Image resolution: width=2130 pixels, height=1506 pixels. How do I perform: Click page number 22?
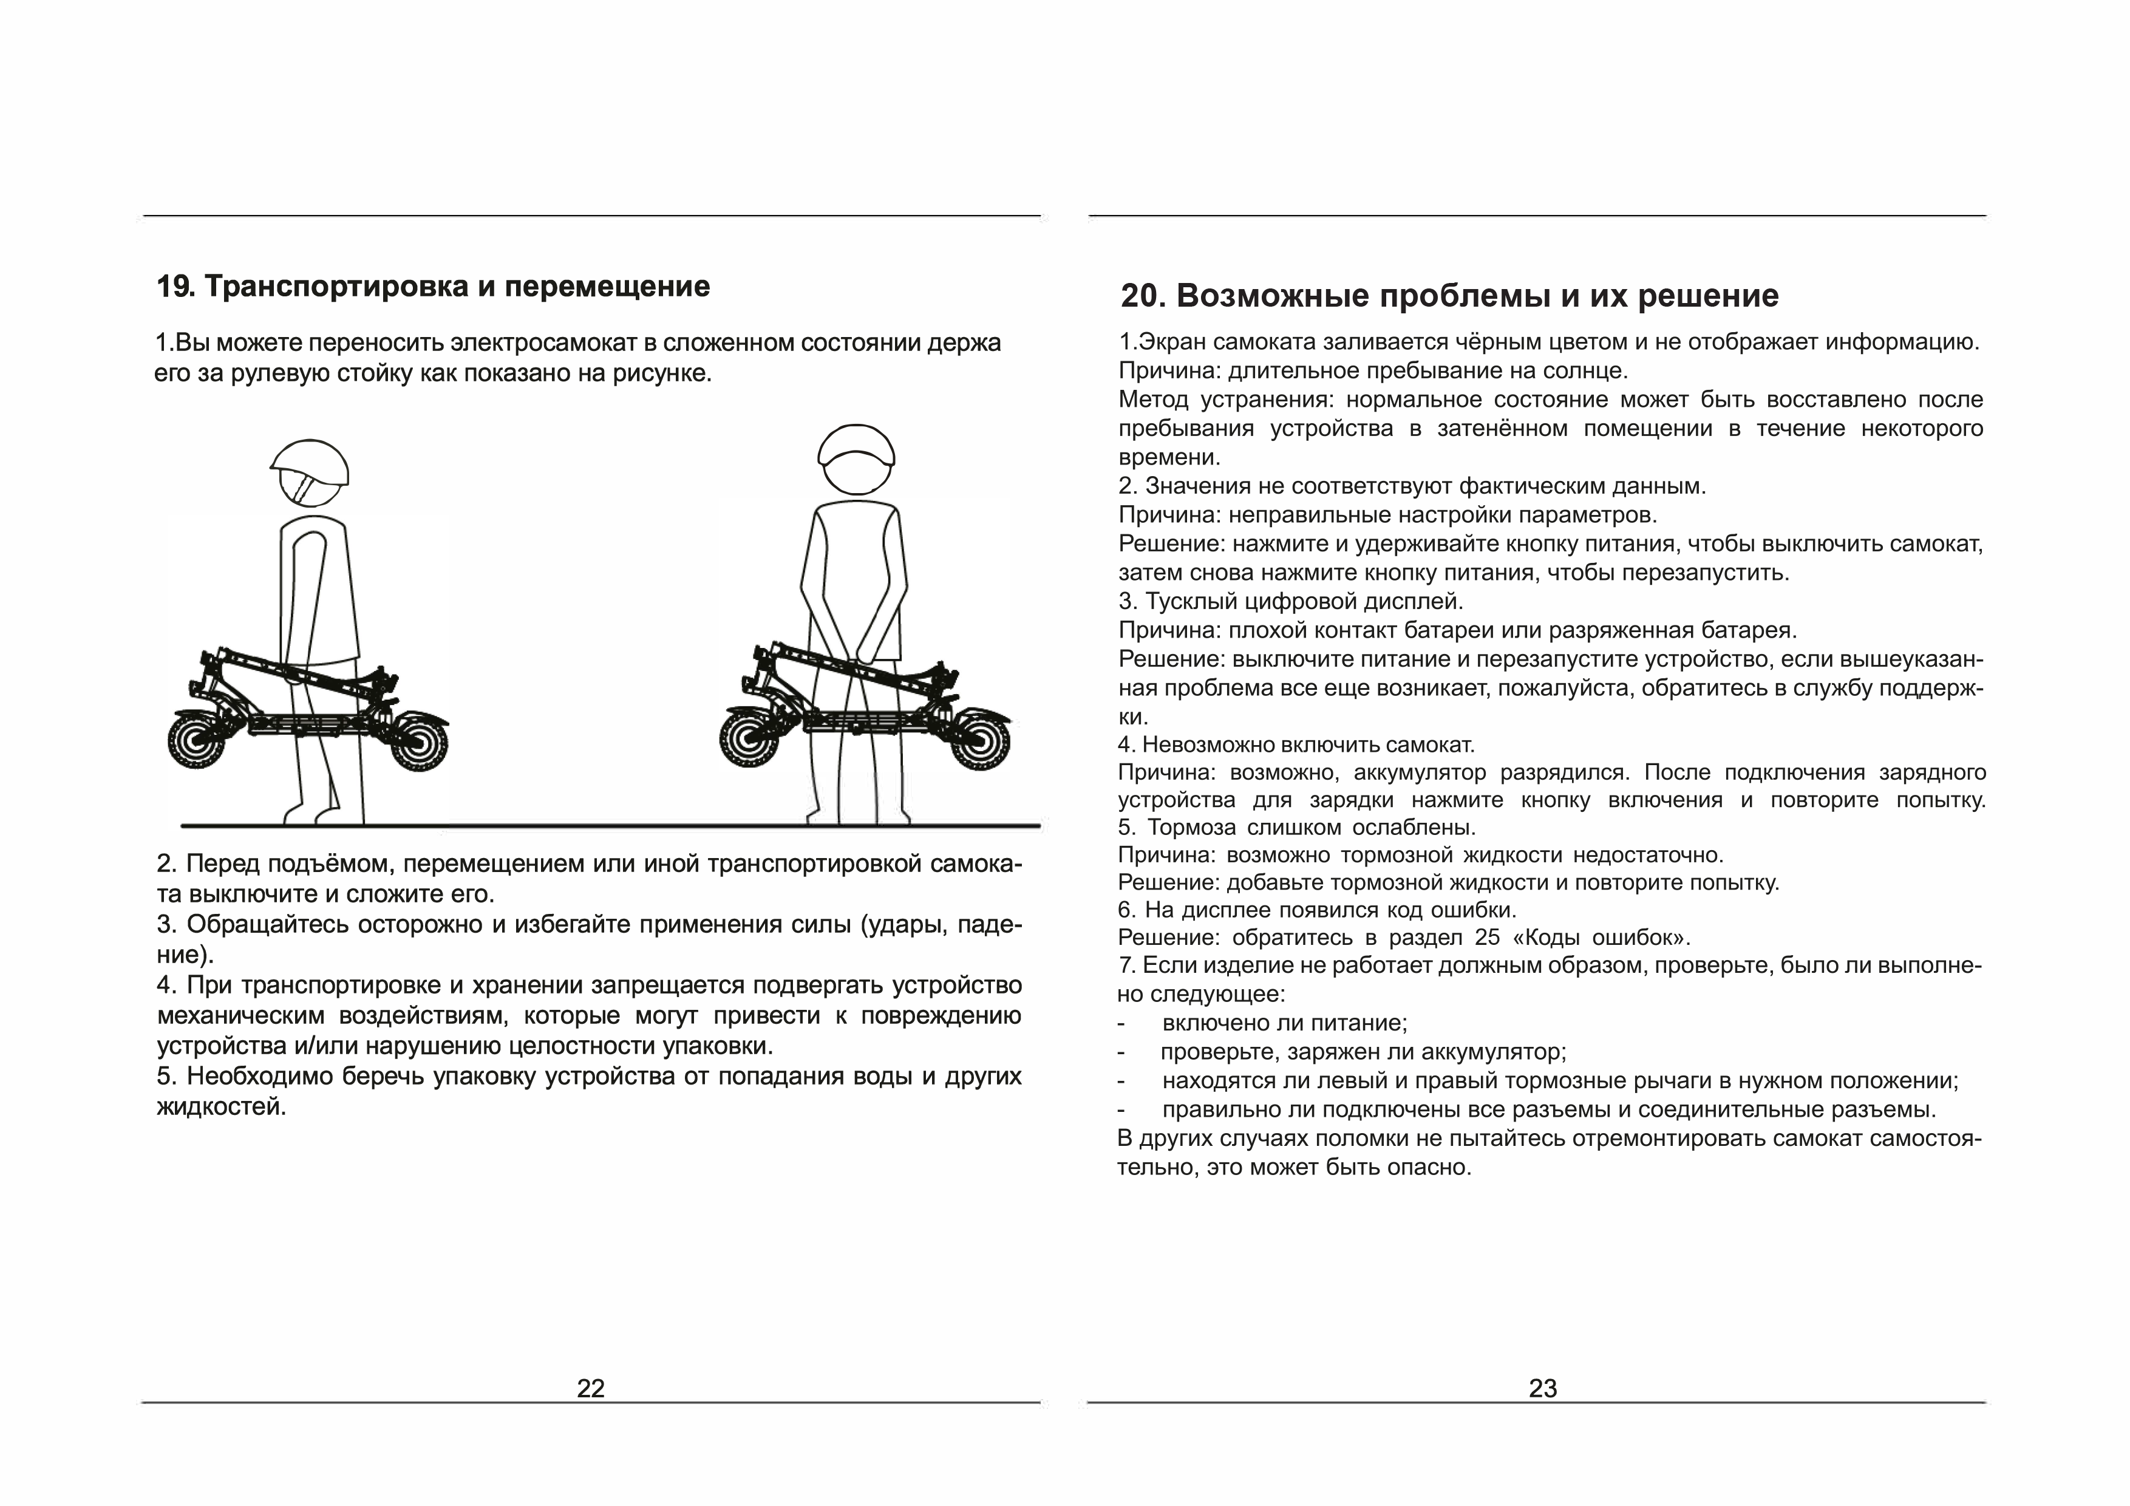[590, 1388]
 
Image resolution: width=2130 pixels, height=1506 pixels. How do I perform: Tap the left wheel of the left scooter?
[197, 740]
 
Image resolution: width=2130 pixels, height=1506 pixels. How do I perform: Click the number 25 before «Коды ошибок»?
[1487, 937]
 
